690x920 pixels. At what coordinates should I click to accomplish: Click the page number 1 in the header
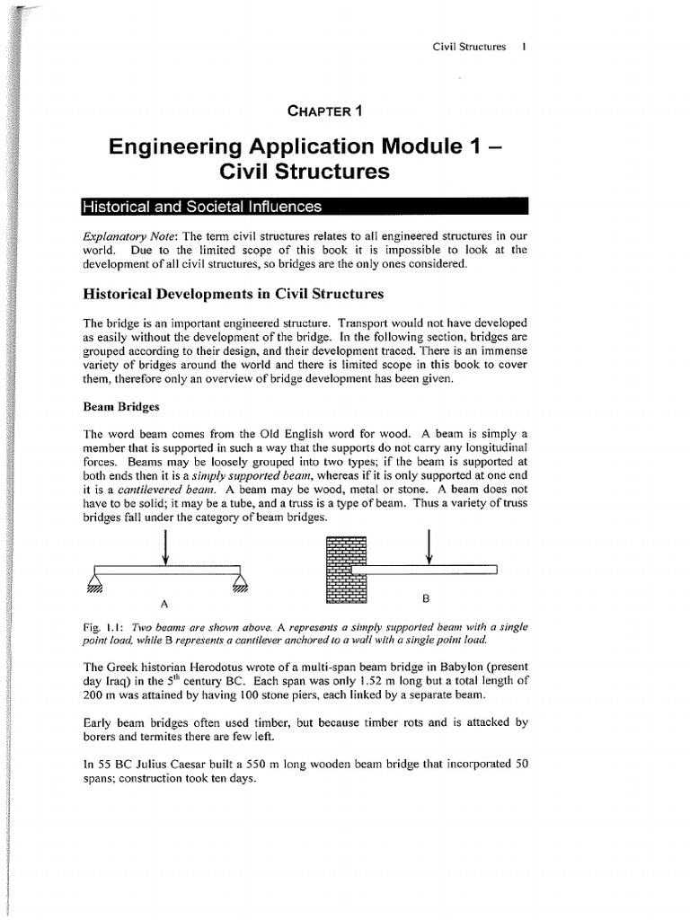coord(523,46)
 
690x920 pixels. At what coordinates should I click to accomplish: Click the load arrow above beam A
coord(166,548)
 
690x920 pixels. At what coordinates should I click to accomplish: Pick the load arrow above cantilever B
coord(430,548)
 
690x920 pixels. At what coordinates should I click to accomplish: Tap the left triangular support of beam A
coord(94,582)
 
